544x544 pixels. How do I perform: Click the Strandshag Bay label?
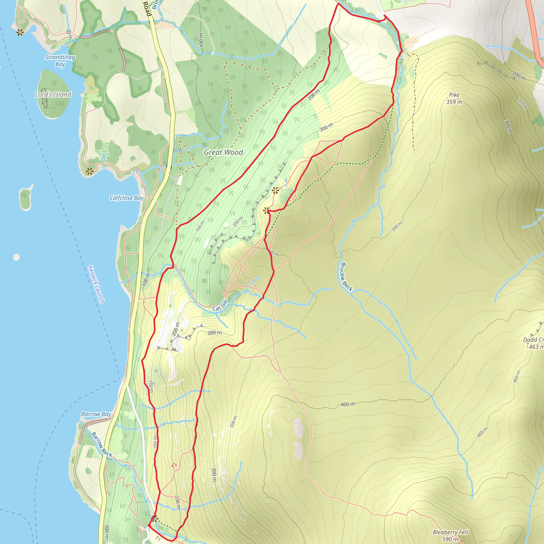pos(60,61)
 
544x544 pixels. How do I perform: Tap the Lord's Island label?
pos(53,95)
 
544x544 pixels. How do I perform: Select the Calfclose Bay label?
pos(126,198)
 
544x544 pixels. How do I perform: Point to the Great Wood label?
pos(223,152)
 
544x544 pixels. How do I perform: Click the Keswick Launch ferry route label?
pos(96,284)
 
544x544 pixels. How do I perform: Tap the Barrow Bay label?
pos(96,414)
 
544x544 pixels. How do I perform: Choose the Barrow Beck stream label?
pos(102,445)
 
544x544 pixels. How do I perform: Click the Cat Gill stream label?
pos(220,305)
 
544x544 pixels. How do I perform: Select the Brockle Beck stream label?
pos(346,277)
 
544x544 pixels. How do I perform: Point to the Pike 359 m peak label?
pos(454,98)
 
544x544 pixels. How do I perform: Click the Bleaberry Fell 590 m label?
pos(450,535)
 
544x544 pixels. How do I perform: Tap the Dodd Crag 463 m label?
pos(533,343)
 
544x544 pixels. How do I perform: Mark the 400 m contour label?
pos(348,404)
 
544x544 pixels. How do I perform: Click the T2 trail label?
pos(174,466)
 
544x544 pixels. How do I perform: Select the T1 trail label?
pos(158,538)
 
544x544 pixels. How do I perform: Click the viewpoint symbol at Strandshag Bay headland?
pos(20,32)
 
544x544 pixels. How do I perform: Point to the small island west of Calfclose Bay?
pos(25,197)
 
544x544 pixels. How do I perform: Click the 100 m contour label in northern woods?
pos(201,40)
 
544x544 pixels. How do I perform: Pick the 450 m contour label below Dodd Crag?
pos(516,377)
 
